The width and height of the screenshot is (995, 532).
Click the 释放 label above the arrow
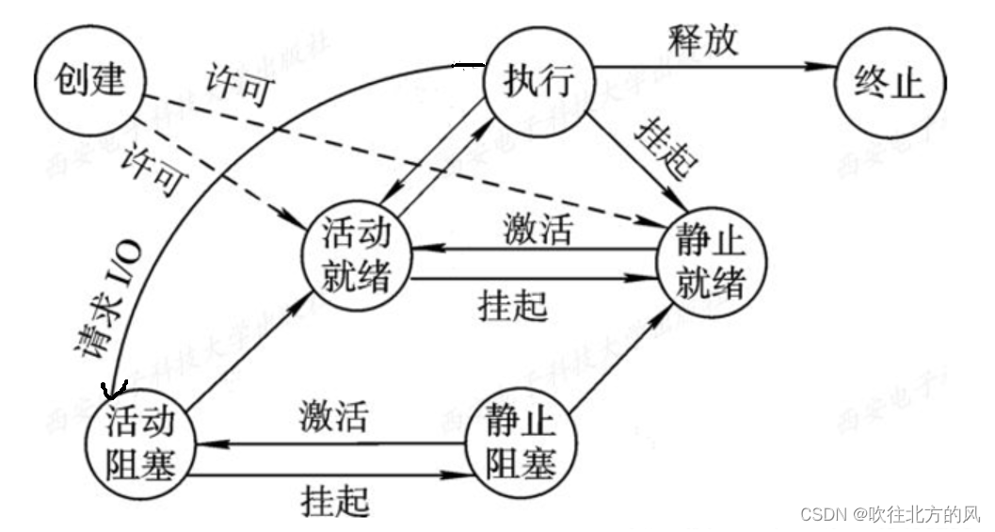pyautogui.click(x=703, y=40)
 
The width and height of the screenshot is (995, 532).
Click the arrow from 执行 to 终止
pyautogui.click(x=715, y=66)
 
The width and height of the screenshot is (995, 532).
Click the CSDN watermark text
pyautogui.click(x=890, y=513)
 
